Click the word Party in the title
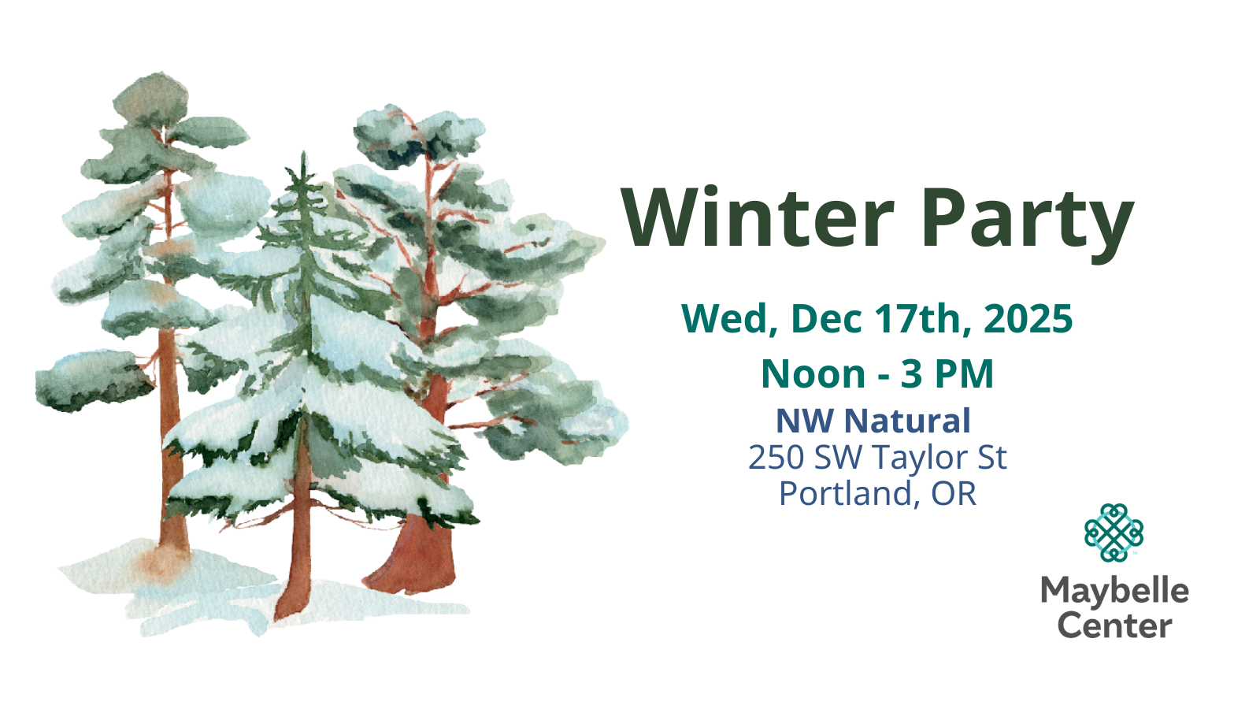(1027, 224)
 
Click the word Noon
(813, 373)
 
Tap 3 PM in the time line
(947, 373)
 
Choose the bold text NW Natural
(873, 421)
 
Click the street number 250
(776, 457)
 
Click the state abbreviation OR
(954, 493)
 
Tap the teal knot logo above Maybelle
(1114, 533)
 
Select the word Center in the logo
(1115, 625)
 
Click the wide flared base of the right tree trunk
(410, 562)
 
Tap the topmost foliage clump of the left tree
(150, 99)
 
